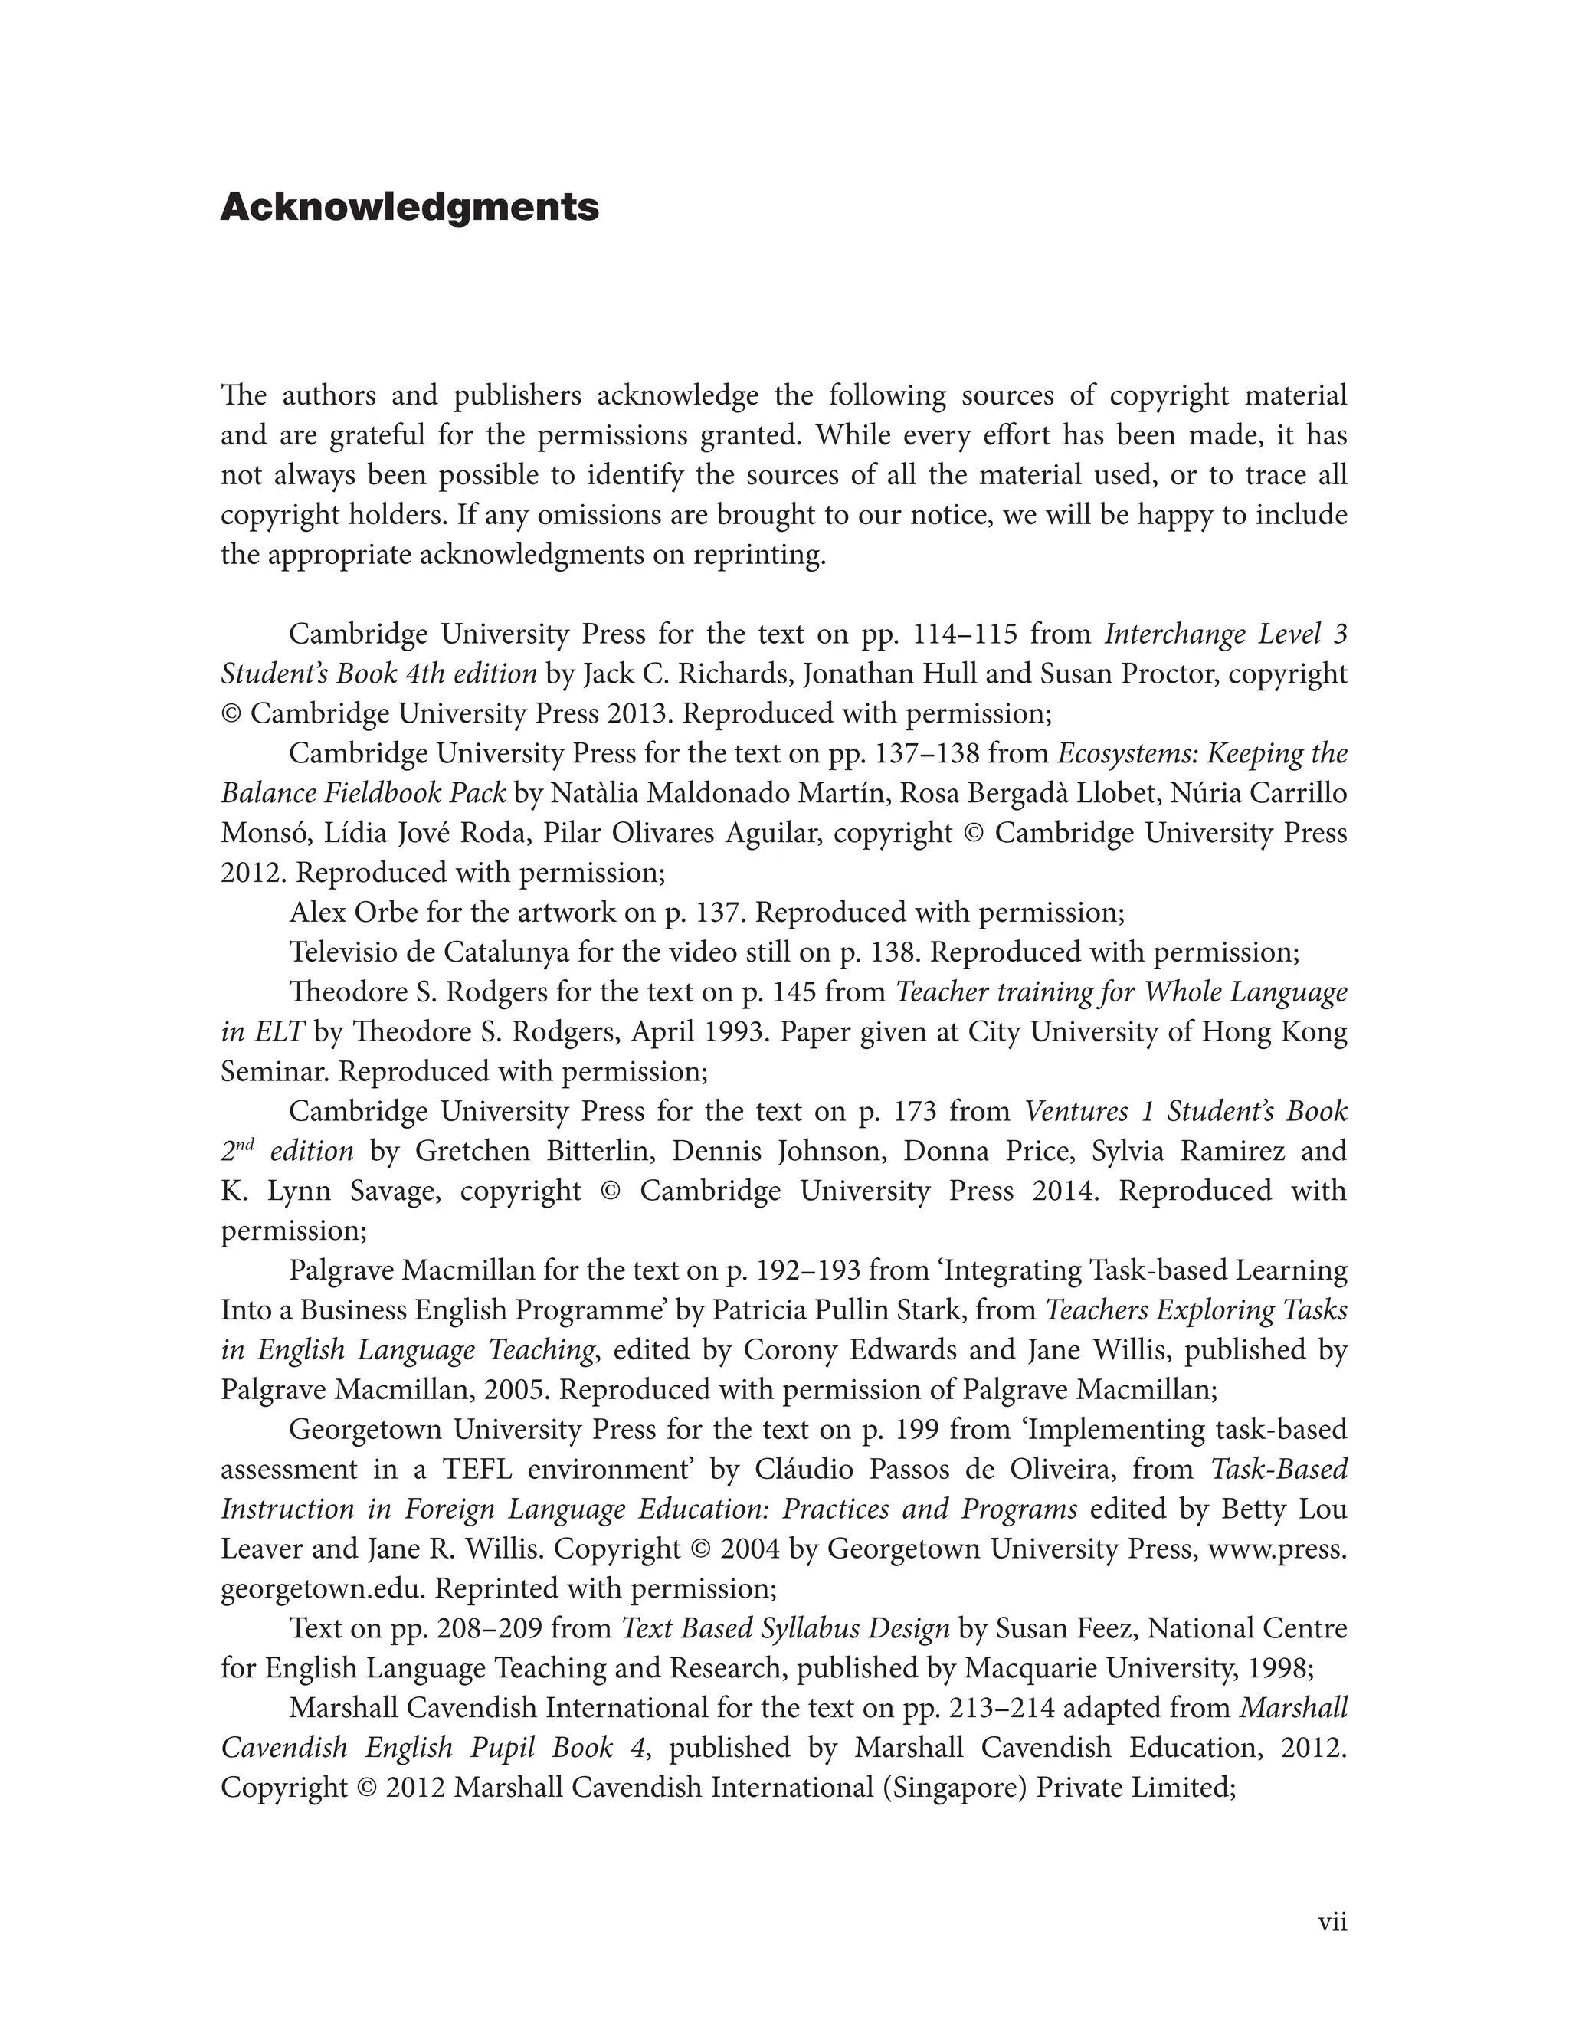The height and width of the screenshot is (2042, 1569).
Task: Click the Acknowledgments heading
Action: click(409, 208)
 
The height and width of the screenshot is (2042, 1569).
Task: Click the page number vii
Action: click(1332, 1922)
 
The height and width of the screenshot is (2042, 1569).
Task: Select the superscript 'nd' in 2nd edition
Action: click(244, 1143)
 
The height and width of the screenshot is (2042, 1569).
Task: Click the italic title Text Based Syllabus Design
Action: click(785, 1628)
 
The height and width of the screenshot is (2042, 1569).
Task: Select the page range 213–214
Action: click(1001, 1708)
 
